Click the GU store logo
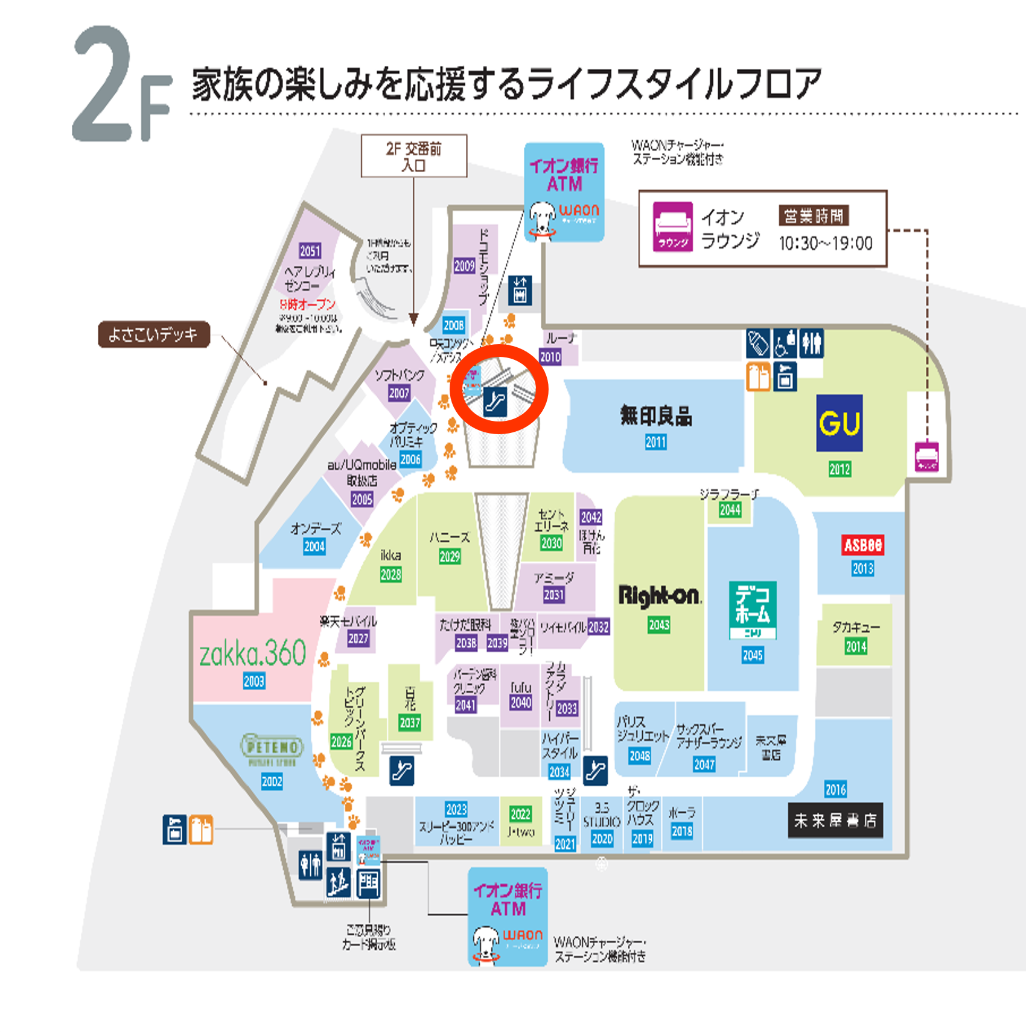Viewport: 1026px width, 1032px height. point(839,423)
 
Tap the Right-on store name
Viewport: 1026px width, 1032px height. point(659,596)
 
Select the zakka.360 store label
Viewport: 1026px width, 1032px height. point(253,653)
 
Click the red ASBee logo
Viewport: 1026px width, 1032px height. point(862,545)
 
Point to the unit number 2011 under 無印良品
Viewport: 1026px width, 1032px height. point(655,442)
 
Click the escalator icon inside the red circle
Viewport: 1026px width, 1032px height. point(495,401)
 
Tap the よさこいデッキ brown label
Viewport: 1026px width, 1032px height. point(154,335)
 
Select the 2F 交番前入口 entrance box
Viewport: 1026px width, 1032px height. point(414,156)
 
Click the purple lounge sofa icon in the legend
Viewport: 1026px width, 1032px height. point(673,227)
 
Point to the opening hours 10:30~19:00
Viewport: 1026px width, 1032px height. point(826,243)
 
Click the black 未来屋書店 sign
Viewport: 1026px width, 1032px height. point(835,820)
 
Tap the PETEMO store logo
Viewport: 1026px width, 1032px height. point(272,748)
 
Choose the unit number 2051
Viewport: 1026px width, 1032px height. point(310,251)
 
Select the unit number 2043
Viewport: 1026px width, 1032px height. point(659,624)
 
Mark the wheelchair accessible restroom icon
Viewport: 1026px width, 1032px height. point(785,344)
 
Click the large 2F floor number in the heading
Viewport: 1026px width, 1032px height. point(121,86)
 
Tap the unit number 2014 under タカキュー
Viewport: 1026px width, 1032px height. point(856,647)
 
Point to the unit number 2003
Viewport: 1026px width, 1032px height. point(254,681)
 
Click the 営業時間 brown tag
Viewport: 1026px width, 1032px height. point(814,216)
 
